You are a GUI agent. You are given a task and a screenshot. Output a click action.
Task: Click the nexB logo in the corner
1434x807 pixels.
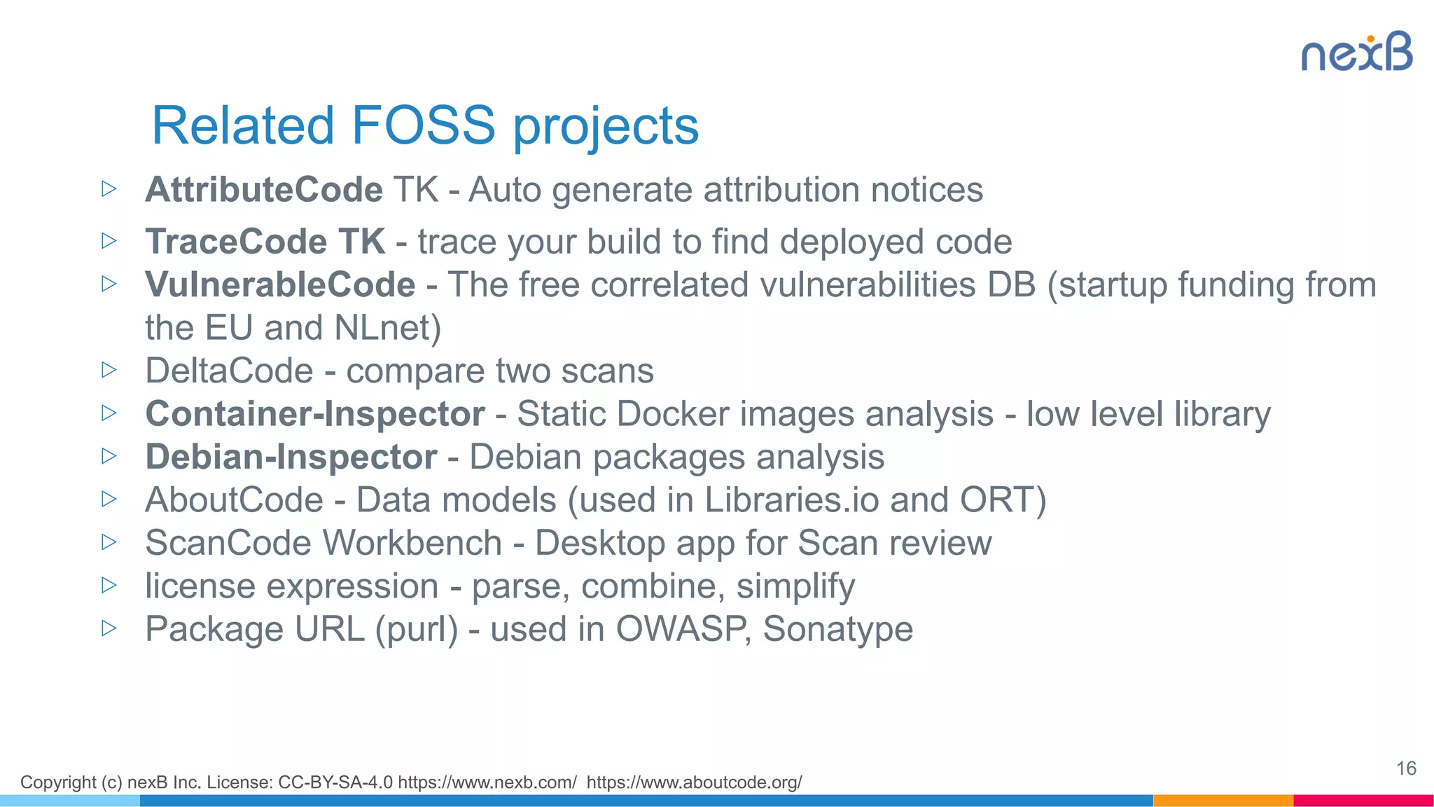(1356, 53)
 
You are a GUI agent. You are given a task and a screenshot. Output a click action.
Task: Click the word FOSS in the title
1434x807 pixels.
(423, 126)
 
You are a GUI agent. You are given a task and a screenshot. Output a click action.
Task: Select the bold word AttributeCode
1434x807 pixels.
(264, 190)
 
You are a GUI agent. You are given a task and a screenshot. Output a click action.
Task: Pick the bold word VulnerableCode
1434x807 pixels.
(280, 285)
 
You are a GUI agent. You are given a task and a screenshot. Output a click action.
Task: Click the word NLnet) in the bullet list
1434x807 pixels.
(387, 328)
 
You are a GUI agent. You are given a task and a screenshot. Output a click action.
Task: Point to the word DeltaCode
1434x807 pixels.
(229, 371)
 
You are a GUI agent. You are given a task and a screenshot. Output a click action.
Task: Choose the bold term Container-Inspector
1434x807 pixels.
(315, 414)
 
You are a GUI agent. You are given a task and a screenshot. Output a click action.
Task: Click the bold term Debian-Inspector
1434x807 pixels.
(291, 457)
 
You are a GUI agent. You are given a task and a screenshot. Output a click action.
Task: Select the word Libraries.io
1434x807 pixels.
(791, 500)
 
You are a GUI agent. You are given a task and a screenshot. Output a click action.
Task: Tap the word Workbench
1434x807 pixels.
(412, 543)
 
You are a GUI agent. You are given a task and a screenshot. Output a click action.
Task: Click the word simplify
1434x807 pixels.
(795, 586)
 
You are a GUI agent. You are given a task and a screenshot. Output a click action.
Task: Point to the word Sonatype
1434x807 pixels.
(837, 629)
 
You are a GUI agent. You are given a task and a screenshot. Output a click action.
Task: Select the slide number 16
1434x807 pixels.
(1406, 768)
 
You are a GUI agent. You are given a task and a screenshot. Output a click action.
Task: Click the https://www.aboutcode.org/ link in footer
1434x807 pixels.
(694, 782)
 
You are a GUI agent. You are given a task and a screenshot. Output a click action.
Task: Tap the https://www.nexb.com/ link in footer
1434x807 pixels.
(487, 782)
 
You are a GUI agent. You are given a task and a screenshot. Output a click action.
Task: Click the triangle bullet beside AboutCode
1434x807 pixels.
(109, 499)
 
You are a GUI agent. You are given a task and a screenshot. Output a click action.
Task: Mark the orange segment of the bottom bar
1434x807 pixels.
(1223, 800)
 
